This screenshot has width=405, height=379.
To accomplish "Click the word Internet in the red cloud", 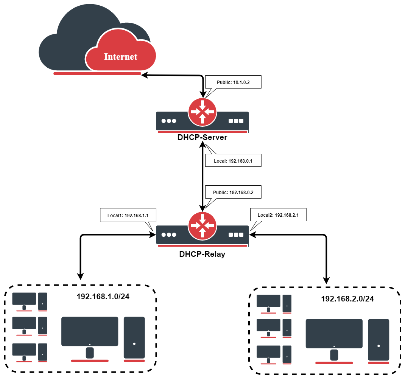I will point(120,57).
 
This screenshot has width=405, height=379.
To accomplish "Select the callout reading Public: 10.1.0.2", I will point(233,82).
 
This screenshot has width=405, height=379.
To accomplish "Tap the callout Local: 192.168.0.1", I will point(233,161).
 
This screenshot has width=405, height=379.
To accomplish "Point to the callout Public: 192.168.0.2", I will point(233,192).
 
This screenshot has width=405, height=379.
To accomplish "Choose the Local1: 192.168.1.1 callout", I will point(128,215).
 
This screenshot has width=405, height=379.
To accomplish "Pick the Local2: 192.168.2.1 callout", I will point(278,215).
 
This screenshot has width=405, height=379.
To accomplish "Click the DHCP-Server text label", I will point(202,137).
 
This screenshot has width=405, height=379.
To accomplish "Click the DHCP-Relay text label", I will point(202,254).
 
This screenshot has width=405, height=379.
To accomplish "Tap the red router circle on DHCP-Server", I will point(202,112).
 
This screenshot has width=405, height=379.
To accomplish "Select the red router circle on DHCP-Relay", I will point(202,226).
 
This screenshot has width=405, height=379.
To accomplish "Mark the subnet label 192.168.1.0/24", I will point(103,297).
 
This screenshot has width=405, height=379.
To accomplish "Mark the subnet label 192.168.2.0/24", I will point(347,299).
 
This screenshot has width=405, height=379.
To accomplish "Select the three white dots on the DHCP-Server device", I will point(169,121).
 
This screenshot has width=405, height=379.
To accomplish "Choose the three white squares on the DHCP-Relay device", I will point(236,235).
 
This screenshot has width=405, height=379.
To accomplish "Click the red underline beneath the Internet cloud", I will point(97,73).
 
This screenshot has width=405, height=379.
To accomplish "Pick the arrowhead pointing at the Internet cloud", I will point(145,75).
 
